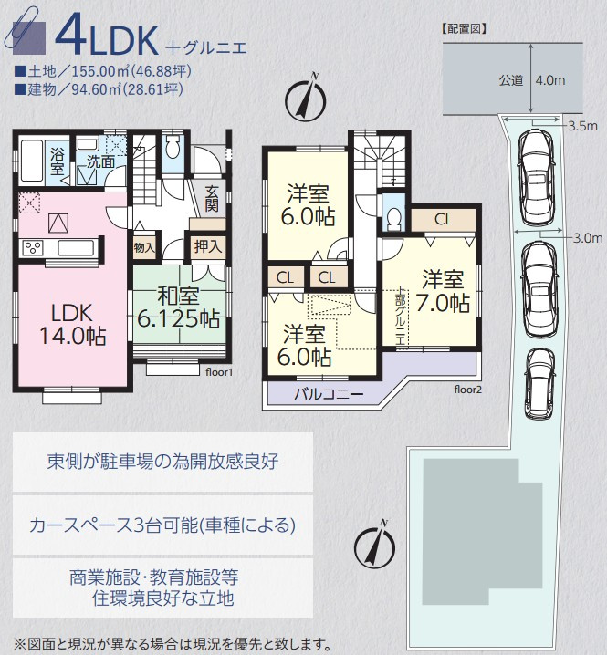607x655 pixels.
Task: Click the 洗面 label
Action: coord(100,161)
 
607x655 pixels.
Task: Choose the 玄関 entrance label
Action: coord(212,198)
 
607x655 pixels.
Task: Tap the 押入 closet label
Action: coord(203,246)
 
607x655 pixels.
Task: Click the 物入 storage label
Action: coord(144,247)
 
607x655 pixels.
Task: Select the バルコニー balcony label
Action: coord(329,394)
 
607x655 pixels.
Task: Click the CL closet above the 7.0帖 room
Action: coord(443,219)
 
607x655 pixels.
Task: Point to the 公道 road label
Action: coord(511,80)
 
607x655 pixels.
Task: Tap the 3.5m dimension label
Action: coord(581,125)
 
